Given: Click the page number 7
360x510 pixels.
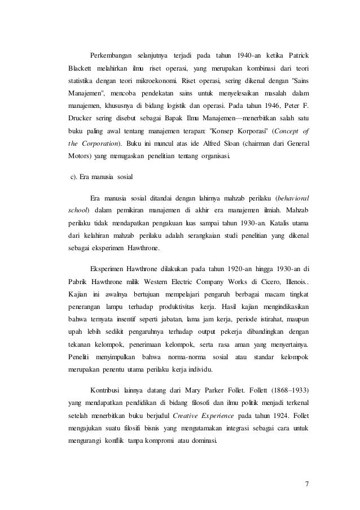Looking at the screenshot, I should pos(308,485).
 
